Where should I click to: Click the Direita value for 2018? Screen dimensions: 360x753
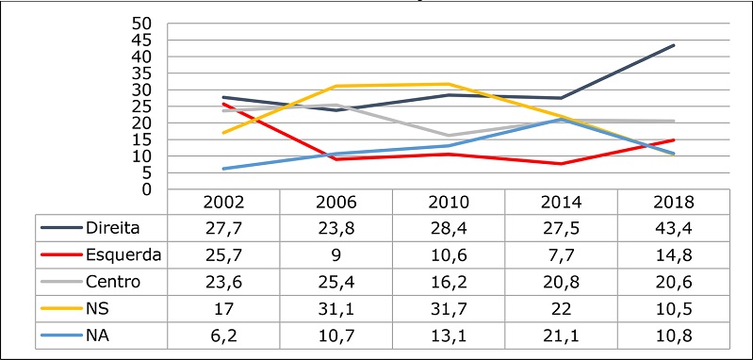(x=674, y=227)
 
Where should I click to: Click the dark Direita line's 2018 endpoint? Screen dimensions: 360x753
(x=674, y=45)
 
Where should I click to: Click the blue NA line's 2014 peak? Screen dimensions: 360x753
(x=563, y=119)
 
